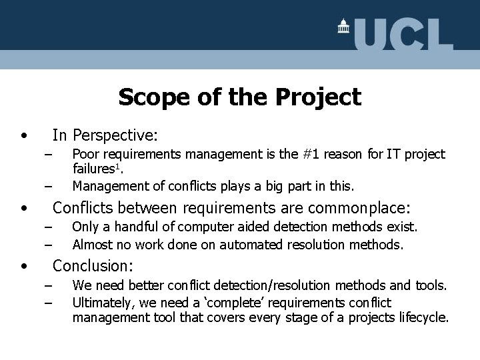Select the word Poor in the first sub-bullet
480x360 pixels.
coord(86,155)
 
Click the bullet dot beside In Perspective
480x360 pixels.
coord(24,135)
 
